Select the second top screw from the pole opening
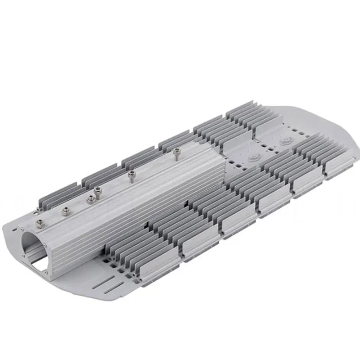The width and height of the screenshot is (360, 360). (66, 210)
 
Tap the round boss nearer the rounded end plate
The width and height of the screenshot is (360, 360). (284, 141)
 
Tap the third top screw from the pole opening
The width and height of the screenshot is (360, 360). (91, 198)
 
